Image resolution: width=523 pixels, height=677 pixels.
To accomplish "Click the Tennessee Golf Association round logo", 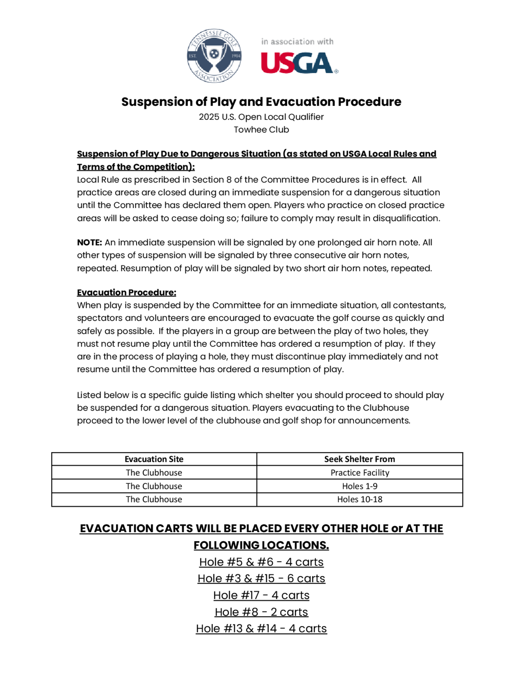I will pos(214,56).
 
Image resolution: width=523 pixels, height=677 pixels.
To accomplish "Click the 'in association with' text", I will pos(297,42).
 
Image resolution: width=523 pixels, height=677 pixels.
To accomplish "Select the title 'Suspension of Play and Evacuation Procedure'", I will pos(261,102).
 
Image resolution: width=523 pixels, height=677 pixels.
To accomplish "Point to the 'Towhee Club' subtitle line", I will pos(261,129).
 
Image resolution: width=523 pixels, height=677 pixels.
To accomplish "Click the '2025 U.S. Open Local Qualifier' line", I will pos(261,117).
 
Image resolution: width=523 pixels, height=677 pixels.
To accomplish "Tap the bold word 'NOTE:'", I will pos(89,242).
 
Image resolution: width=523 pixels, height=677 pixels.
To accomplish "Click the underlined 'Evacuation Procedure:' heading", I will pos(126,292).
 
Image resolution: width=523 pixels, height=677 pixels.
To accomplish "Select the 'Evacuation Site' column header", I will pos(154,459).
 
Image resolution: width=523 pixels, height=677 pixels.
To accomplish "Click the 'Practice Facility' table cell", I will pos(360,473).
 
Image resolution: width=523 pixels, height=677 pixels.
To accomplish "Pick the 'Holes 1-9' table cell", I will pos(360,486).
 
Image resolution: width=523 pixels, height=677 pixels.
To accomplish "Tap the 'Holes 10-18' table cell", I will pos(360,499).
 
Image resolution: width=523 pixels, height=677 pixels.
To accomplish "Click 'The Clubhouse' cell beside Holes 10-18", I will pos(154,499).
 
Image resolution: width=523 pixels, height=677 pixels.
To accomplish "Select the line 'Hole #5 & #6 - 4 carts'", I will pos(261,562).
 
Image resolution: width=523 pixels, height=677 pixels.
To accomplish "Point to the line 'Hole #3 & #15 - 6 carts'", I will pos(261,578).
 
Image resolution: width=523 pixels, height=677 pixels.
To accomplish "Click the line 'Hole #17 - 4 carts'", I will pos(261,595).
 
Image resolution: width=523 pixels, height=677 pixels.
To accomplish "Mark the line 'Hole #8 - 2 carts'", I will pos(261,612).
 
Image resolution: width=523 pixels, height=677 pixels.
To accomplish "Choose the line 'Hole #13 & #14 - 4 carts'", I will pos(261,628).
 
